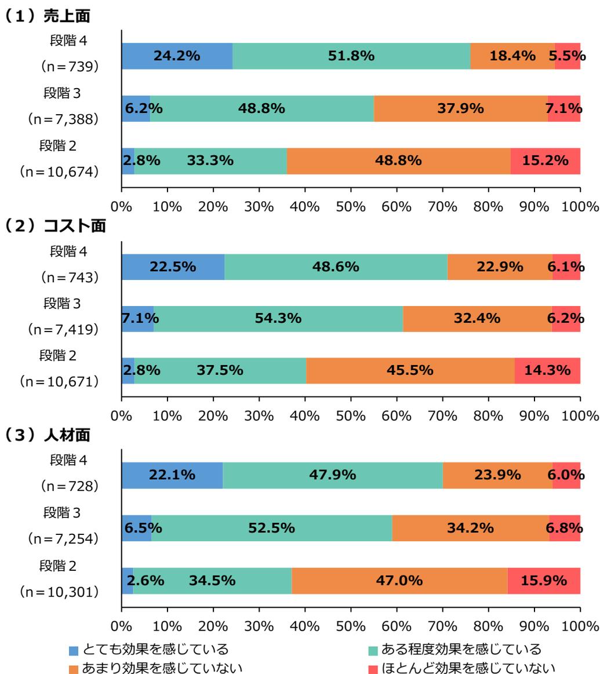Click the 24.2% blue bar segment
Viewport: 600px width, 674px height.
[x=177, y=56]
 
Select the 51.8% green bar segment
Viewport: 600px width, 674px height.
[x=351, y=56]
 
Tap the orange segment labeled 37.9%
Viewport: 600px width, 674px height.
[x=460, y=108]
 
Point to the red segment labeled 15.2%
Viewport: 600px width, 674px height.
[x=546, y=161]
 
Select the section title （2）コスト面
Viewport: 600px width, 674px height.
[x=56, y=227]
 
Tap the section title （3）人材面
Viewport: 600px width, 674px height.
[x=49, y=435]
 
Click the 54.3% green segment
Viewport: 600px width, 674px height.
[x=278, y=318]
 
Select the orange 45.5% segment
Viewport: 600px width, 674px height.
[x=410, y=370]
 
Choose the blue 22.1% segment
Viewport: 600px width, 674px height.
[x=172, y=475]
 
